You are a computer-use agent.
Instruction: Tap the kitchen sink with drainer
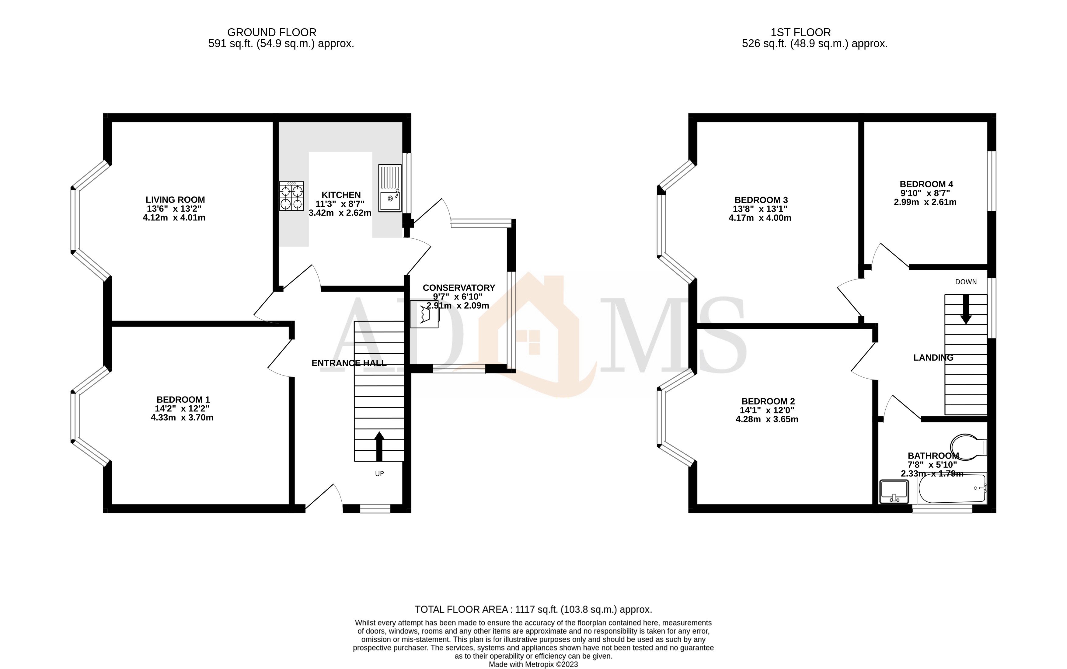(390, 188)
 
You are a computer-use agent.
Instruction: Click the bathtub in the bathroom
(951, 488)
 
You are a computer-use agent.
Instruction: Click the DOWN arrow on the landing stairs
(966, 309)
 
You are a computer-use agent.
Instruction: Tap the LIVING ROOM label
(175, 199)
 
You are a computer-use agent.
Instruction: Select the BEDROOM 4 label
(926, 184)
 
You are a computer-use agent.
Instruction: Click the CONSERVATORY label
(459, 288)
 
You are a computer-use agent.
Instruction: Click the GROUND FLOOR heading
(272, 32)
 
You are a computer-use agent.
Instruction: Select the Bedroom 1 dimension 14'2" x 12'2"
(182, 408)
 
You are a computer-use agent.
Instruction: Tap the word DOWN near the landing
(966, 282)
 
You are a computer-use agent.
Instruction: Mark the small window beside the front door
(375, 509)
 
